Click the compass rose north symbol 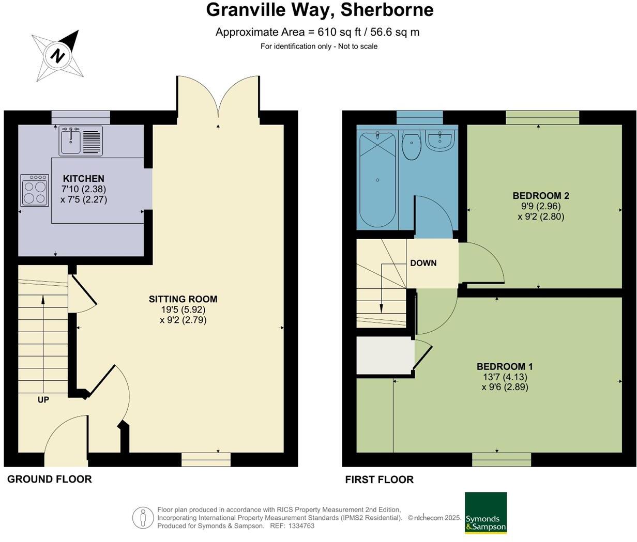click(x=57, y=55)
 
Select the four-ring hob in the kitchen click(x=35, y=191)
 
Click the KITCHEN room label click(x=83, y=179)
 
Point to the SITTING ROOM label click(x=183, y=299)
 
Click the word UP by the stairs click(x=43, y=399)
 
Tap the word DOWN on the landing click(x=423, y=263)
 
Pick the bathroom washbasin click(x=439, y=140)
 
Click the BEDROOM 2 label click(x=540, y=196)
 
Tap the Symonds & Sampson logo click(x=486, y=513)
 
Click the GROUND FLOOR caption click(x=50, y=479)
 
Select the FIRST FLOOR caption click(x=380, y=479)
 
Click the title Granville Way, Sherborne click(x=320, y=10)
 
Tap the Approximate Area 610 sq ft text click(x=317, y=32)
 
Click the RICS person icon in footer click(x=143, y=518)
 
